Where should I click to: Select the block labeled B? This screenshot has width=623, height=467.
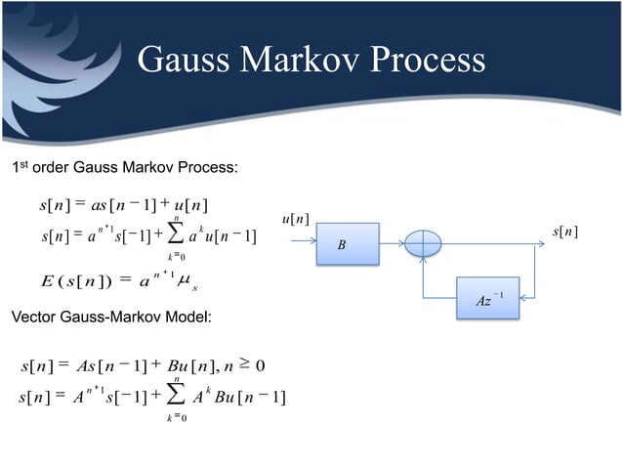(x=342, y=245)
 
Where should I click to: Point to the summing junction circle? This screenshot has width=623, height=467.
(x=424, y=245)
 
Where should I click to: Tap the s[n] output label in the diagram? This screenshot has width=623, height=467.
(x=564, y=232)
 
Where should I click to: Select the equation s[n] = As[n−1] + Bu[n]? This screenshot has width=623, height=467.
(x=146, y=367)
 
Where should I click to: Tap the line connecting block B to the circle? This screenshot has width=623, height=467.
(x=391, y=245)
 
